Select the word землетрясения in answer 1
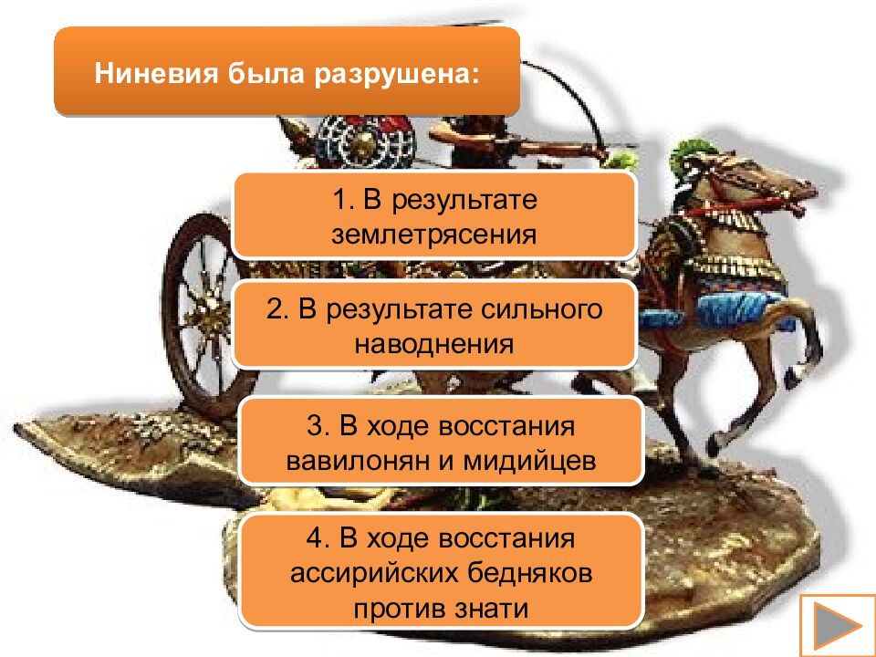click(433, 233)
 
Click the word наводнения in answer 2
click(433, 344)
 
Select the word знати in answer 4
click(496, 609)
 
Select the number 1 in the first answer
click(339, 199)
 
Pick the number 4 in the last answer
click(315, 538)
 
